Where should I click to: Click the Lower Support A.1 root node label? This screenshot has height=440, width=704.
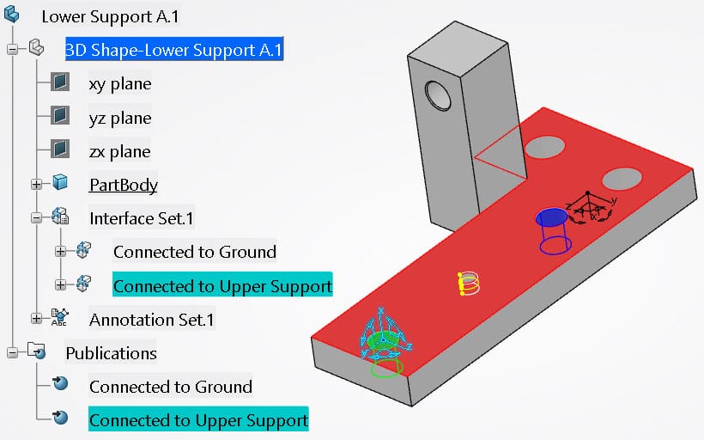(x=110, y=16)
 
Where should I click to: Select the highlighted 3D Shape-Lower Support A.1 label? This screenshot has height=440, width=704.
(x=173, y=50)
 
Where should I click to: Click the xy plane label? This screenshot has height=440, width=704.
(x=119, y=83)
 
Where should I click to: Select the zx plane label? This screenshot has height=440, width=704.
(x=119, y=151)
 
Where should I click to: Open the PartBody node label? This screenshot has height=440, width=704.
(x=123, y=184)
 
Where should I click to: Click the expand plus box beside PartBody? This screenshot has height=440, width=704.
(x=36, y=184)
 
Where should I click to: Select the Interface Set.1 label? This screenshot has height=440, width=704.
(x=142, y=217)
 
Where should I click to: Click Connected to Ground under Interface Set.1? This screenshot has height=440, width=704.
(x=194, y=251)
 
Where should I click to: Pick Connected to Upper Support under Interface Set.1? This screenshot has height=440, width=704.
(x=222, y=285)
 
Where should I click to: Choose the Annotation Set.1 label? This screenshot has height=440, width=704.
(x=151, y=319)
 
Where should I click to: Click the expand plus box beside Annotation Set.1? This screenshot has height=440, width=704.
(x=36, y=319)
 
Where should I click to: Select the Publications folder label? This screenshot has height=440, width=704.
(x=111, y=352)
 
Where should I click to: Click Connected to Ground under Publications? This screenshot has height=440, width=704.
(x=170, y=386)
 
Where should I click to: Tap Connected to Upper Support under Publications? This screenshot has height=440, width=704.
(x=198, y=419)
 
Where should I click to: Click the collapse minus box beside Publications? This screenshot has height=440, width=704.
(x=12, y=352)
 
